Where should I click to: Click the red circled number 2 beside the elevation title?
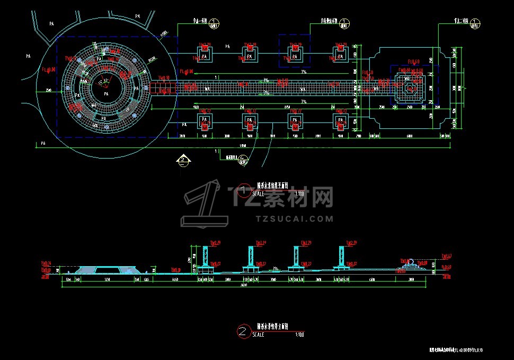tap(243, 332)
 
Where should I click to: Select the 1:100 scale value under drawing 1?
tap(299, 195)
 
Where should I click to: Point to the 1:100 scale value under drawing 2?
tap(299, 335)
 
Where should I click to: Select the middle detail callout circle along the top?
tap(345, 23)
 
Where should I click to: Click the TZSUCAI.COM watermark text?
tap(294, 218)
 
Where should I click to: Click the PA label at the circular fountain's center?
tap(106, 94)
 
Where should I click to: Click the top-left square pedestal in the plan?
tap(205, 54)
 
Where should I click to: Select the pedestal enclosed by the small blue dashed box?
tap(295, 54)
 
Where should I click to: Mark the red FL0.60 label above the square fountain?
tap(414, 62)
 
